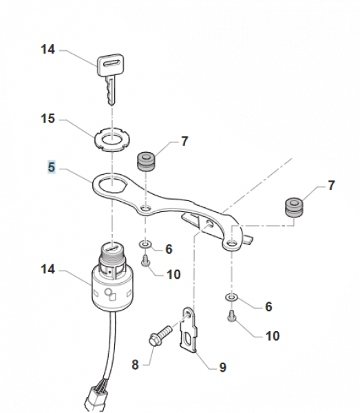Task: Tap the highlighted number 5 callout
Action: tap(52, 167)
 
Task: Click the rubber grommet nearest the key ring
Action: tap(146, 161)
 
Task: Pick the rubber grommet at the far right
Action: tap(294, 208)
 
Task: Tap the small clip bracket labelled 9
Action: tap(189, 330)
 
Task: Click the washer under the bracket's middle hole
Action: tap(145, 244)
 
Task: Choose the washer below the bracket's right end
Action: tap(232, 297)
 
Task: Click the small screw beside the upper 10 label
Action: tap(145, 260)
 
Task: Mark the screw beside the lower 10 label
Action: tap(232, 316)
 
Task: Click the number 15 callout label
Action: tap(48, 119)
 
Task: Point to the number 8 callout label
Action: tap(135, 365)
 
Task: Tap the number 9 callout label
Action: tap(222, 367)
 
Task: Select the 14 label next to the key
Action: tap(48, 50)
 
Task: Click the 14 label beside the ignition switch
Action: tap(48, 269)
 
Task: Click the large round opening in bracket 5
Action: tap(113, 185)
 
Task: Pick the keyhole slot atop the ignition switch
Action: tap(113, 248)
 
